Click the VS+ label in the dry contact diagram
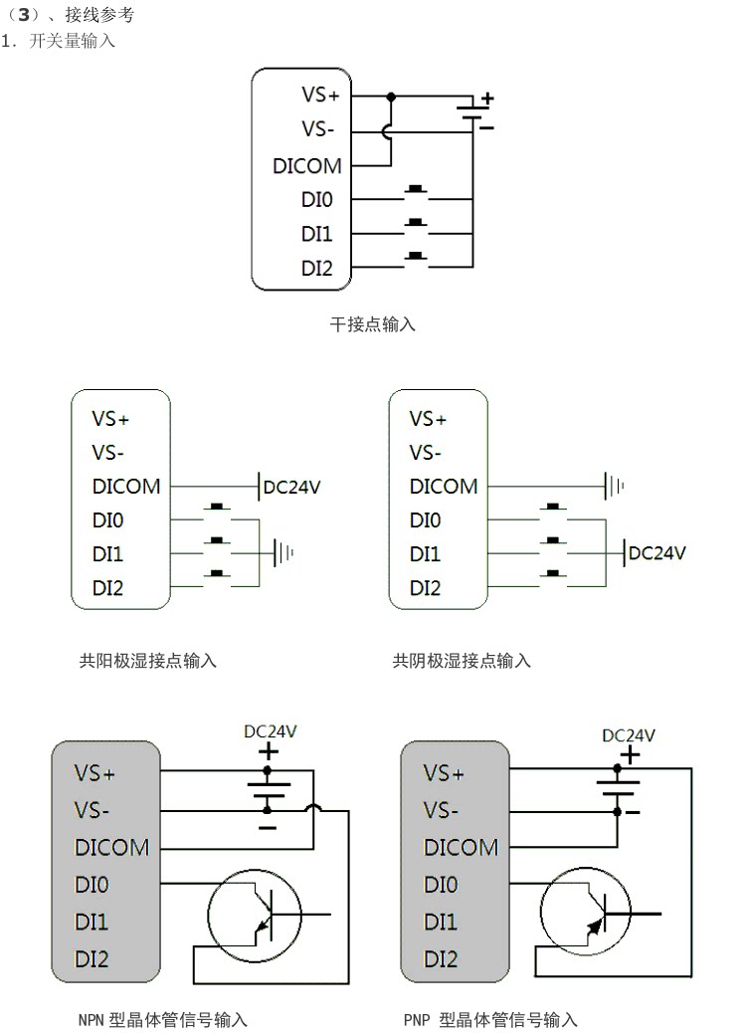coord(320,96)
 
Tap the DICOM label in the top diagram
coord(306,166)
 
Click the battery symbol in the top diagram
coord(472,112)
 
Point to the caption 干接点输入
coord(373,324)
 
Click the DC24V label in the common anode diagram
coord(292,487)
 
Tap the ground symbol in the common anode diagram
coord(282,552)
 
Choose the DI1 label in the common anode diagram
coord(108,553)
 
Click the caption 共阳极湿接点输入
coord(148,660)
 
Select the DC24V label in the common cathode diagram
coord(656,552)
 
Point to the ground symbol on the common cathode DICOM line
coord(613,487)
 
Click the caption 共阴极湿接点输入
coord(463,660)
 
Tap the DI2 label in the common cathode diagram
coord(425,587)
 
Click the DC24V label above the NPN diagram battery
coord(271,730)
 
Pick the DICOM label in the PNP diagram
coord(461,848)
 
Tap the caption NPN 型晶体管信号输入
coord(162,1019)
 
